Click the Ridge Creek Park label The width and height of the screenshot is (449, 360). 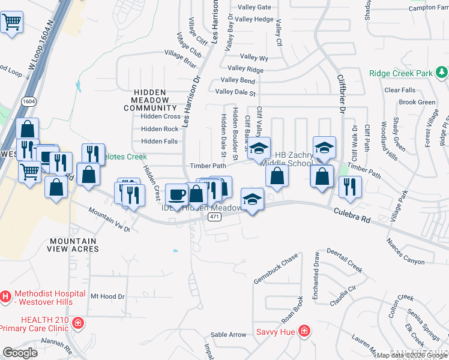click(401, 73)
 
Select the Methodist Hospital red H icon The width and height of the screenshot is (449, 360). click(6, 296)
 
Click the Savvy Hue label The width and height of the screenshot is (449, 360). click(275, 332)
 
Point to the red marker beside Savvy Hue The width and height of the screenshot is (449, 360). click(304, 331)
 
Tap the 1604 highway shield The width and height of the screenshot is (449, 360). click(28, 101)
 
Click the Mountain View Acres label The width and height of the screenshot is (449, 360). click(73, 245)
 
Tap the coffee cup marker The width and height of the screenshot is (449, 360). click(176, 194)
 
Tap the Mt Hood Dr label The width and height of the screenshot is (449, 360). click(107, 296)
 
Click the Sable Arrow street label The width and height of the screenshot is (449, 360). click(229, 334)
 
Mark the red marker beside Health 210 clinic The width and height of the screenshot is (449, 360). click(77, 324)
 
